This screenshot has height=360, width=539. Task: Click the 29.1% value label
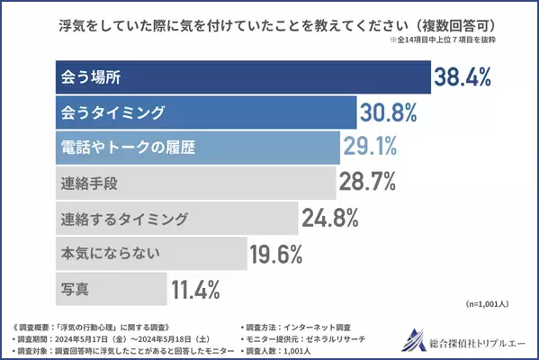(369, 148)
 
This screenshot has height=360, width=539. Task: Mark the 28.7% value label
(367, 184)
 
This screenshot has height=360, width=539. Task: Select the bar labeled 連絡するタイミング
(171, 218)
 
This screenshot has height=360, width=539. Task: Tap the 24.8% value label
(329, 219)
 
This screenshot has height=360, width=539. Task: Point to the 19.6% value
(274, 255)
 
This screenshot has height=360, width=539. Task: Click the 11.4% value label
(195, 290)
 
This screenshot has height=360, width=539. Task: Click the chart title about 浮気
(269, 23)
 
